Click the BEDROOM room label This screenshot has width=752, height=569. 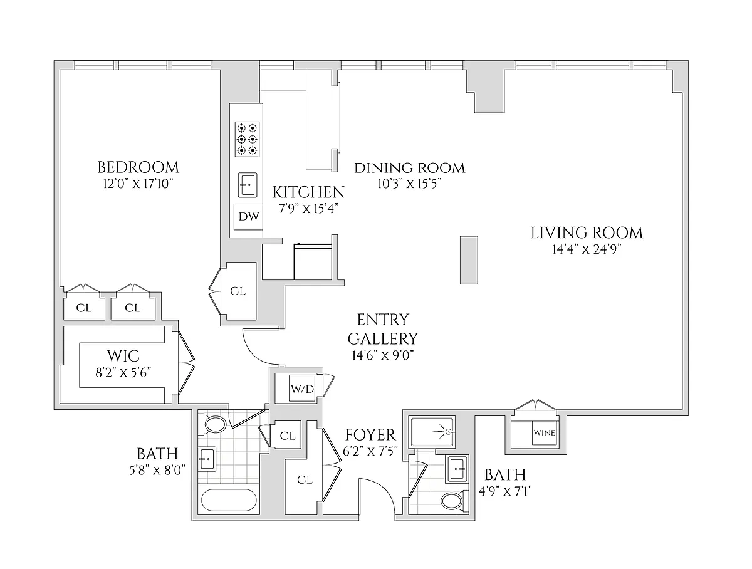pos(138,167)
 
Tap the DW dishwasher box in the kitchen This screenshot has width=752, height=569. pos(248,218)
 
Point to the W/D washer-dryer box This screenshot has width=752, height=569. pos(302,389)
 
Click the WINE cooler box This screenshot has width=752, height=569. pos(543,432)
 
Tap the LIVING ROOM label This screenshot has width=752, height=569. pos(587,233)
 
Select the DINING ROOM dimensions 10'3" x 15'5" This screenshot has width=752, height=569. pos(409,184)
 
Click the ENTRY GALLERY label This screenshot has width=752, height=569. pos(383,329)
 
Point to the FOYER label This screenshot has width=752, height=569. pos(370,435)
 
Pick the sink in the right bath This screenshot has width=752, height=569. pos(457,467)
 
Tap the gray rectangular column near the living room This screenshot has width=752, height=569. pos(469,259)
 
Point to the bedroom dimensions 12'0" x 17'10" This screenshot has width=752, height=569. pos(138,184)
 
